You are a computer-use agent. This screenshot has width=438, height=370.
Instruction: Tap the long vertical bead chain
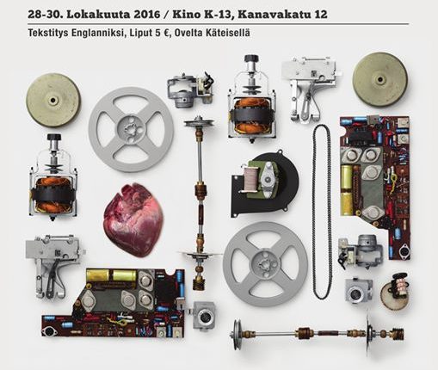(x=322, y=212)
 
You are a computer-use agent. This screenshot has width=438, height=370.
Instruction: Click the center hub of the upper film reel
(x=131, y=129)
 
